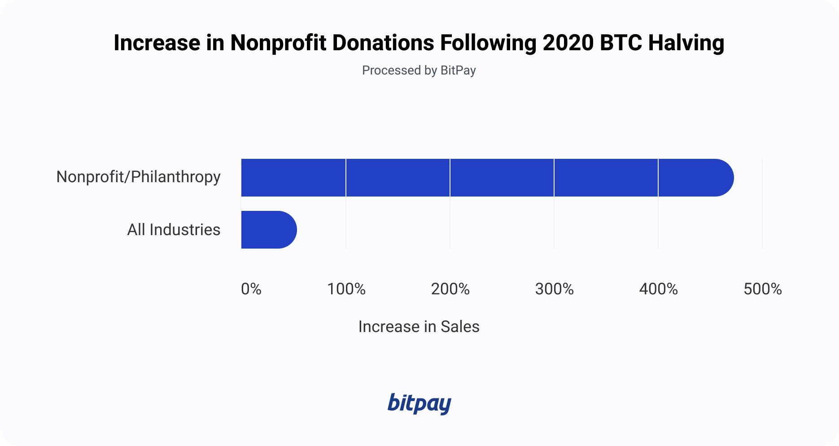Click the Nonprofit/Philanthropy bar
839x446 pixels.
pyautogui.click(x=487, y=178)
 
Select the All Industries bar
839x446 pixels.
pyautogui.click(x=269, y=230)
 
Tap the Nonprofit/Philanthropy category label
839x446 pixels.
pyautogui.click(x=138, y=177)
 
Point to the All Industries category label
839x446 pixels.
pyautogui.click(x=174, y=230)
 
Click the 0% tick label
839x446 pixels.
pyautogui.click(x=251, y=289)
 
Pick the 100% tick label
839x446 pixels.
pyautogui.click(x=346, y=289)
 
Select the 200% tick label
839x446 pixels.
pyautogui.click(x=450, y=289)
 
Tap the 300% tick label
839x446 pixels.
pyautogui.click(x=554, y=289)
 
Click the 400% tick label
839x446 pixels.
pyautogui.click(x=658, y=289)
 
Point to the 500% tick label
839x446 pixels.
pyautogui.click(x=762, y=289)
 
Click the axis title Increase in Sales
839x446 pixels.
pyautogui.click(x=419, y=327)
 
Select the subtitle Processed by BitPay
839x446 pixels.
pyautogui.click(x=419, y=70)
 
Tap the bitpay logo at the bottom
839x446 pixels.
pyautogui.click(x=419, y=404)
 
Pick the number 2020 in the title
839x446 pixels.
pyautogui.click(x=568, y=44)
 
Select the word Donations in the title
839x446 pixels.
pyautogui.click(x=383, y=44)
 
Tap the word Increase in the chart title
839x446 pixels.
pyautogui.click(x=157, y=44)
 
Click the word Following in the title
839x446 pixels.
pyautogui.click(x=488, y=44)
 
